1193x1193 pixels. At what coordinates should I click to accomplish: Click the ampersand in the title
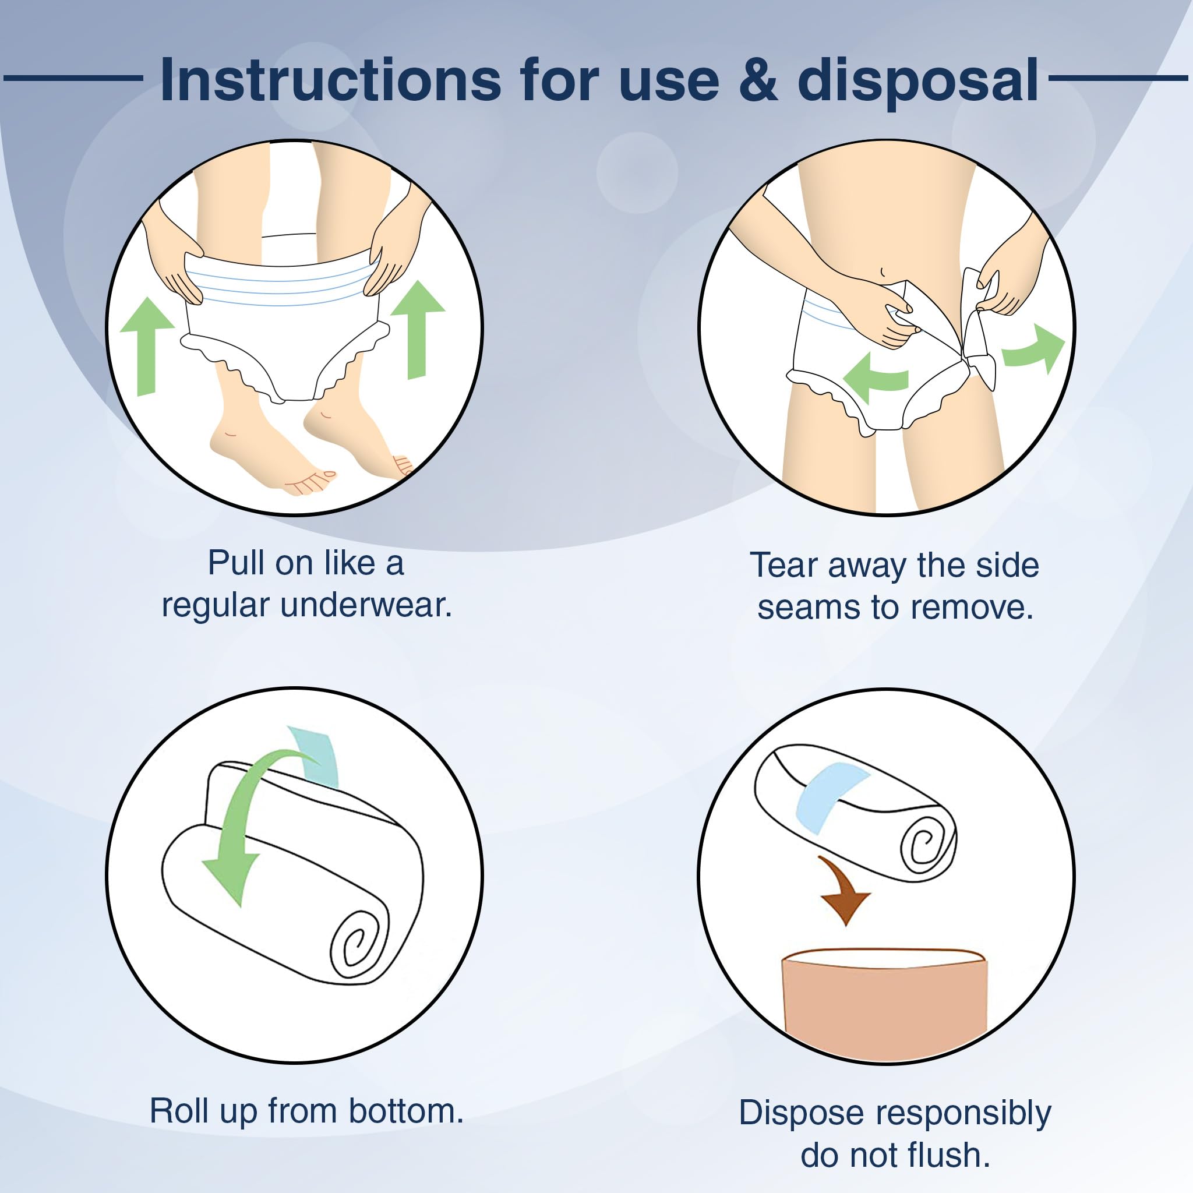(758, 80)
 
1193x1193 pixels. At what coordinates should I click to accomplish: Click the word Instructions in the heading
(330, 80)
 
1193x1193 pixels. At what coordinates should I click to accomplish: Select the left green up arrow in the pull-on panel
(147, 346)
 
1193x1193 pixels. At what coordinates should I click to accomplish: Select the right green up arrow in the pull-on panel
(418, 329)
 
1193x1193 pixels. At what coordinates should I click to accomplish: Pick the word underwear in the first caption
(366, 605)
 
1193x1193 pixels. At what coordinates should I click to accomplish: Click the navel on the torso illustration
(883, 271)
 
